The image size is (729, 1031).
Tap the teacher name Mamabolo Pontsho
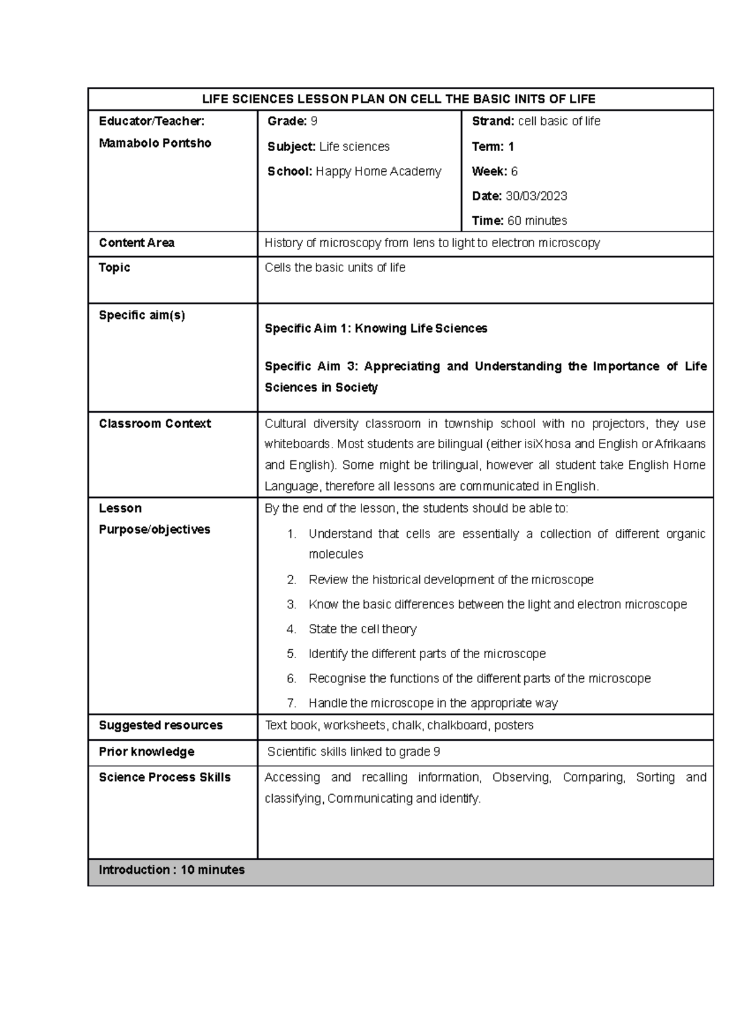pyautogui.click(x=155, y=143)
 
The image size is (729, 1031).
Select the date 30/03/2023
pyautogui.click(x=536, y=196)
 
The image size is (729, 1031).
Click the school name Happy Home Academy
pyautogui.click(x=378, y=171)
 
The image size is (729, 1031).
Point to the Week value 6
pyautogui.click(x=514, y=171)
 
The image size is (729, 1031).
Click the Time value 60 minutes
pyautogui.click(x=537, y=220)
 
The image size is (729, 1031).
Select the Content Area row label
pyautogui.click(x=137, y=243)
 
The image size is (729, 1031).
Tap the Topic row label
pyautogui.click(x=114, y=268)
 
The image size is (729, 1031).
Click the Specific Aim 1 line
pyautogui.click(x=375, y=328)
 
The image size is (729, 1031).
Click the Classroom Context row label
pyautogui.click(x=155, y=424)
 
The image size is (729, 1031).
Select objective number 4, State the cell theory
pyautogui.click(x=362, y=629)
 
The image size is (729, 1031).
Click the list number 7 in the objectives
pyautogui.click(x=292, y=703)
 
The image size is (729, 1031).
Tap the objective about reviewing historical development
pyautogui.click(x=450, y=580)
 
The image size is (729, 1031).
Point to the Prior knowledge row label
pyautogui.click(x=146, y=752)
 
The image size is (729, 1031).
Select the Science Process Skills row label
pyautogui.click(x=165, y=777)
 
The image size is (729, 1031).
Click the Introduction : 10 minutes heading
pyautogui.click(x=172, y=870)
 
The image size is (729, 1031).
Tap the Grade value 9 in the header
pyautogui.click(x=313, y=121)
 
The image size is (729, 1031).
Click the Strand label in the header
pyautogui.click(x=492, y=121)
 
